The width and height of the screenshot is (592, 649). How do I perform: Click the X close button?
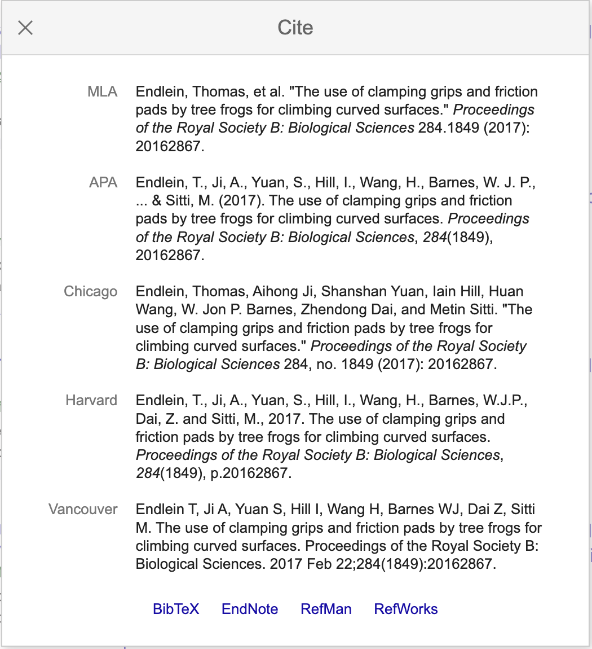[x=25, y=28]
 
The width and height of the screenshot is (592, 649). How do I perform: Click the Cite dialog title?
[x=295, y=28]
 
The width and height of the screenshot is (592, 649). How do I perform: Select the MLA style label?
[x=103, y=91]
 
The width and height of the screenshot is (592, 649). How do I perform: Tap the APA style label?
[x=103, y=182]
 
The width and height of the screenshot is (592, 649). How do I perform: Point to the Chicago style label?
[x=91, y=291]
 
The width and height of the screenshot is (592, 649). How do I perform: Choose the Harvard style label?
[x=91, y=400]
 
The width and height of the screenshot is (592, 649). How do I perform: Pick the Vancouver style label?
[x=83, y=509]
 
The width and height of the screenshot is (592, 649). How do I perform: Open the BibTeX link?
[x=176, y=609]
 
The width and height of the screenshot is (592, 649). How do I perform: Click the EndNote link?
[x=250, y=609]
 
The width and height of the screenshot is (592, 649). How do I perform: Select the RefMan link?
[x=326, y=609]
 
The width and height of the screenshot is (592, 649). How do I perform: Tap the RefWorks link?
[x=406, y=609]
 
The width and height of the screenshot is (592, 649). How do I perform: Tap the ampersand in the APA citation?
[x=157, y=200]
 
